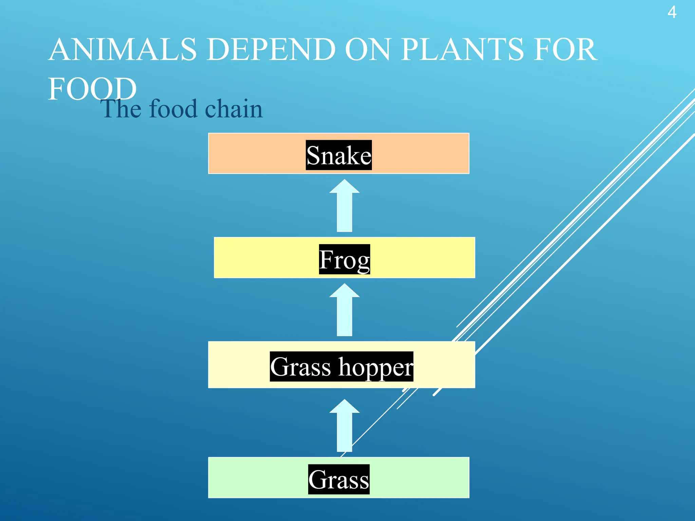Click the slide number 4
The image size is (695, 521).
[672, 13]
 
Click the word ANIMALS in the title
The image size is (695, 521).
[123, 50]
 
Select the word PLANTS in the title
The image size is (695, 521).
[462, 50]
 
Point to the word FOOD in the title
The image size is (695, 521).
[92, 89]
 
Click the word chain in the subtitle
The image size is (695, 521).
[234, 109]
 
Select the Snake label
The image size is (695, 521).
[339, 155]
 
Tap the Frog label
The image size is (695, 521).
[344, 259]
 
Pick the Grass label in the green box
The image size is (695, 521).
[339, 479]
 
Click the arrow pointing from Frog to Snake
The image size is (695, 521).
[344, 207]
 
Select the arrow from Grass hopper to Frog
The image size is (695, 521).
[344, 311]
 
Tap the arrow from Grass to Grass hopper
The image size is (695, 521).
[344, 426]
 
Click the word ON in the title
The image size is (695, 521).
[367, 50]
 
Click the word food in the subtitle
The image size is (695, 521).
[173, 109]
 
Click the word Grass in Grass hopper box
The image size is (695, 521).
[300, 367]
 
